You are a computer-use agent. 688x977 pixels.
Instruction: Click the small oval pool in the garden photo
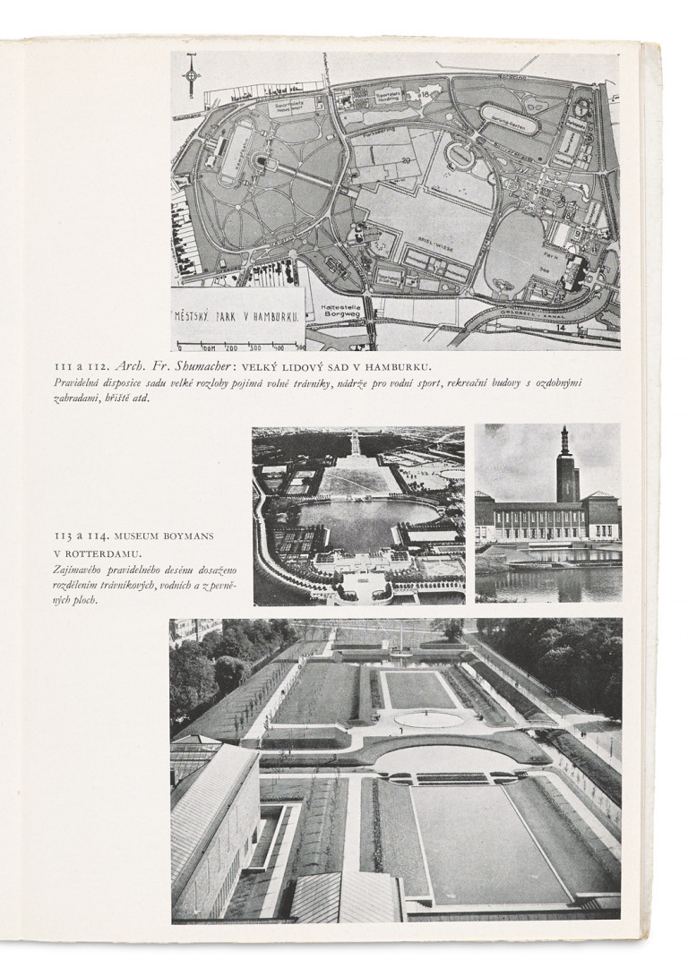429,718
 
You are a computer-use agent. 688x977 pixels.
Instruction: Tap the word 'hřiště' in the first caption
116,399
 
